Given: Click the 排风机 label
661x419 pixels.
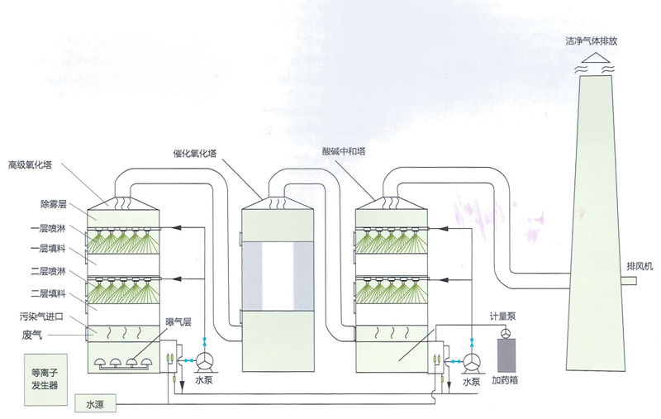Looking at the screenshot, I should (x=640, y=266).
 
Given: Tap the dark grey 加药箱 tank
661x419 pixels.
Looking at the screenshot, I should (x=504, y=356).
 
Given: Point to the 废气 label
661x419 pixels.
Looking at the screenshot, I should (x=34, y=335).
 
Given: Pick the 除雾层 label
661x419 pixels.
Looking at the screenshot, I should (x=52, y=201).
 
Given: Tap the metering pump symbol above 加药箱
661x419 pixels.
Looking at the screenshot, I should (x=503, y=331).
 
